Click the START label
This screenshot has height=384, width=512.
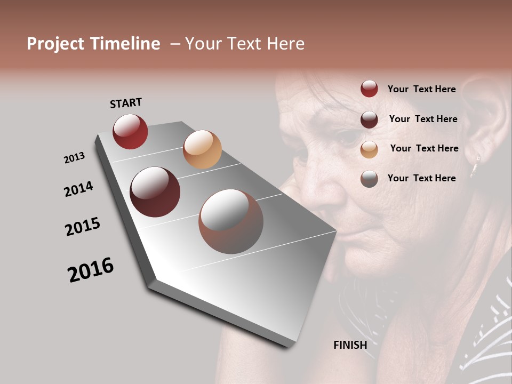coord(126,103)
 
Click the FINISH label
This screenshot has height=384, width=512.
coord(350,345)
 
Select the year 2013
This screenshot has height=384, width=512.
coord(74,158)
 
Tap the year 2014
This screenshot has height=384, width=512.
coord(78,189)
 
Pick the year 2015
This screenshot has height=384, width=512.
coord(83,227)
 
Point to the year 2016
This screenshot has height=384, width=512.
coord(91,270)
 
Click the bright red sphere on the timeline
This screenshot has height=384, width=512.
coord(130,131)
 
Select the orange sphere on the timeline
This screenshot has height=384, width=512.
coord(202,149)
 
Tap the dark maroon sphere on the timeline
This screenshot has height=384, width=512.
coord(155,192)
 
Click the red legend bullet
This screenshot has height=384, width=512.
coord(369,89)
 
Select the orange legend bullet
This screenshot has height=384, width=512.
coord(369,149)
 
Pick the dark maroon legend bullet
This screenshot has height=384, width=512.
coord(369,119)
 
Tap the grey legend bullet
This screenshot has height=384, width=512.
coord(369,179)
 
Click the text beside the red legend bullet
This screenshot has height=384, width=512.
coord(421,89)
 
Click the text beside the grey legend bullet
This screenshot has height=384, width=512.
coord(421,178)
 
